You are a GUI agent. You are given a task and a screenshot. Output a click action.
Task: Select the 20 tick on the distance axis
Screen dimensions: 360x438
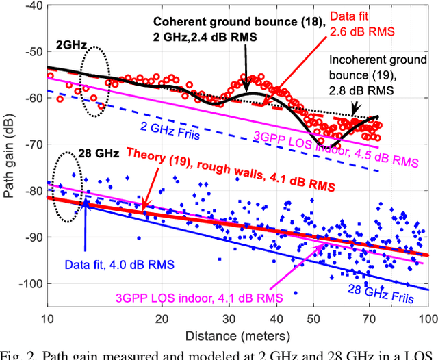[x=162, y=318]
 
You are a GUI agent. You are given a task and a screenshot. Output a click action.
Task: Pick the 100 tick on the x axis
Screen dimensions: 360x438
[x=427, y=318]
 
